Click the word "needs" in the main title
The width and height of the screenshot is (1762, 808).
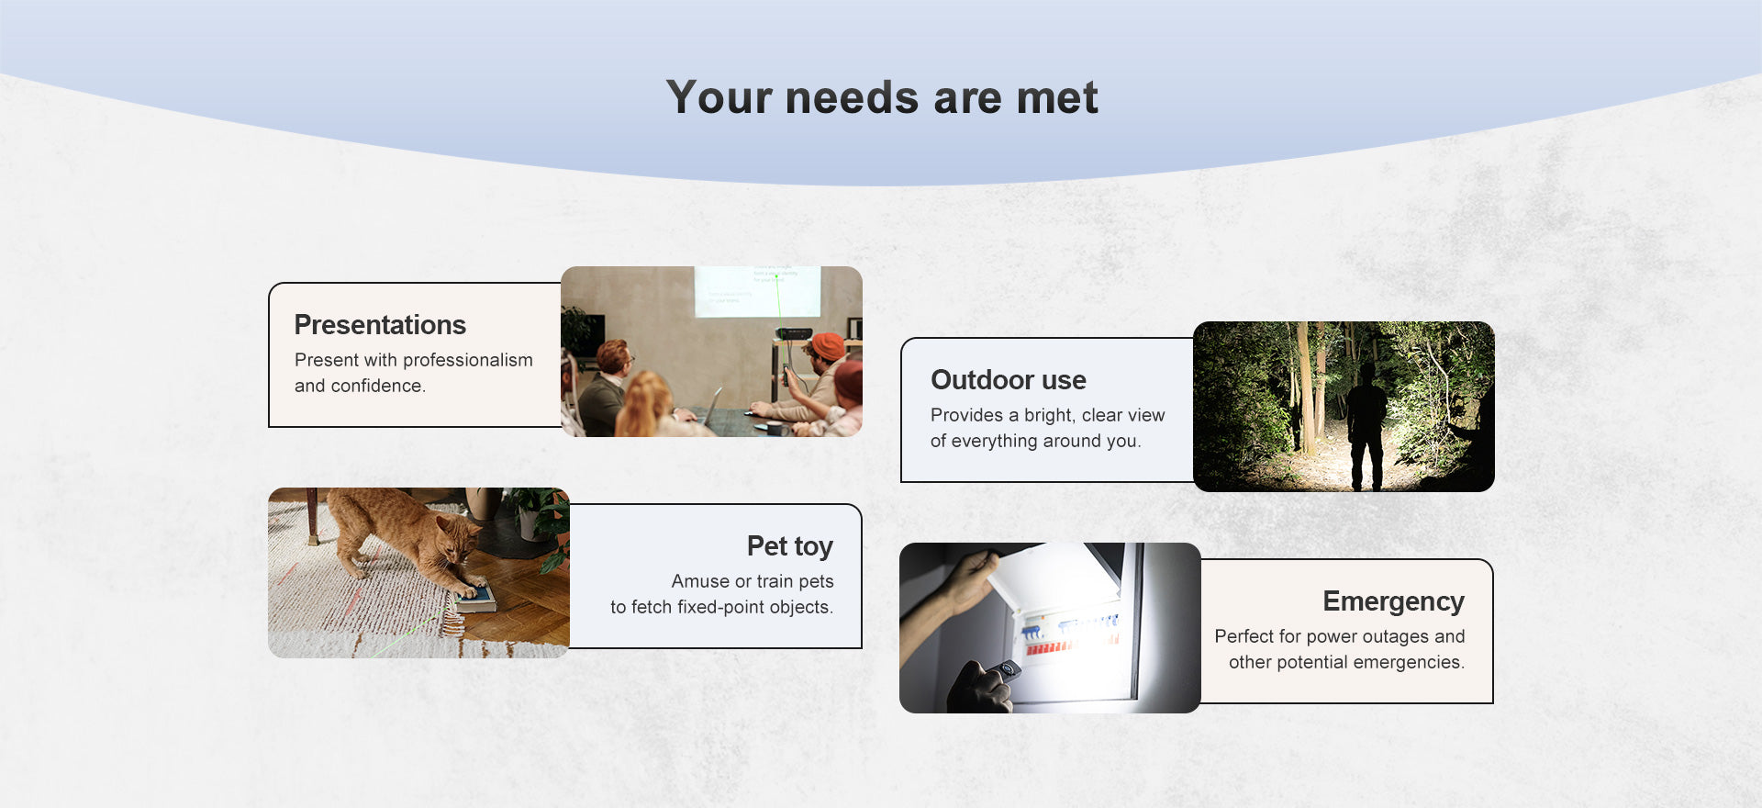(x=852, y=98)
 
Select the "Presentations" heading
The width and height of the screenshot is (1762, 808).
(x=380, y=325)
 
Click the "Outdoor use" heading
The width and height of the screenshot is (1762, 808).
(x=1009, y=380)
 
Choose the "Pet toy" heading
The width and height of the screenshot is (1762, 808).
(x=790, y=546)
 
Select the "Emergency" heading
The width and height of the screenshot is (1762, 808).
(x=1393, y=602)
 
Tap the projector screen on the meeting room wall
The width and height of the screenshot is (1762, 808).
(x=757, y=291)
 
